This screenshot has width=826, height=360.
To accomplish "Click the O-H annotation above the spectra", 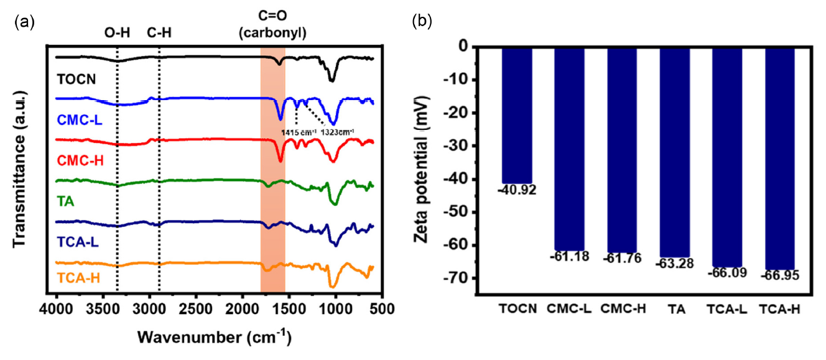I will (117, 35).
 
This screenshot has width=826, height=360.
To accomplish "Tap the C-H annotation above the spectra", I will (159, 35).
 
